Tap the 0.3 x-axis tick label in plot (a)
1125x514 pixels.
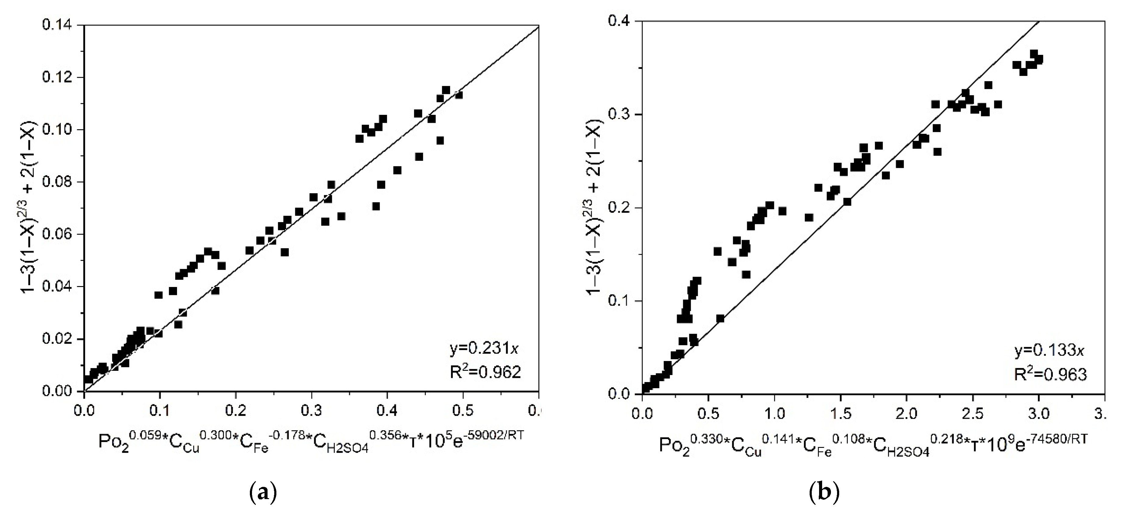(x=311, y=411)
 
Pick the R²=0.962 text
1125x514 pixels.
(x=485, y=372)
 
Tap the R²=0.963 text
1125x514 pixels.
(x=1050, y=374)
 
